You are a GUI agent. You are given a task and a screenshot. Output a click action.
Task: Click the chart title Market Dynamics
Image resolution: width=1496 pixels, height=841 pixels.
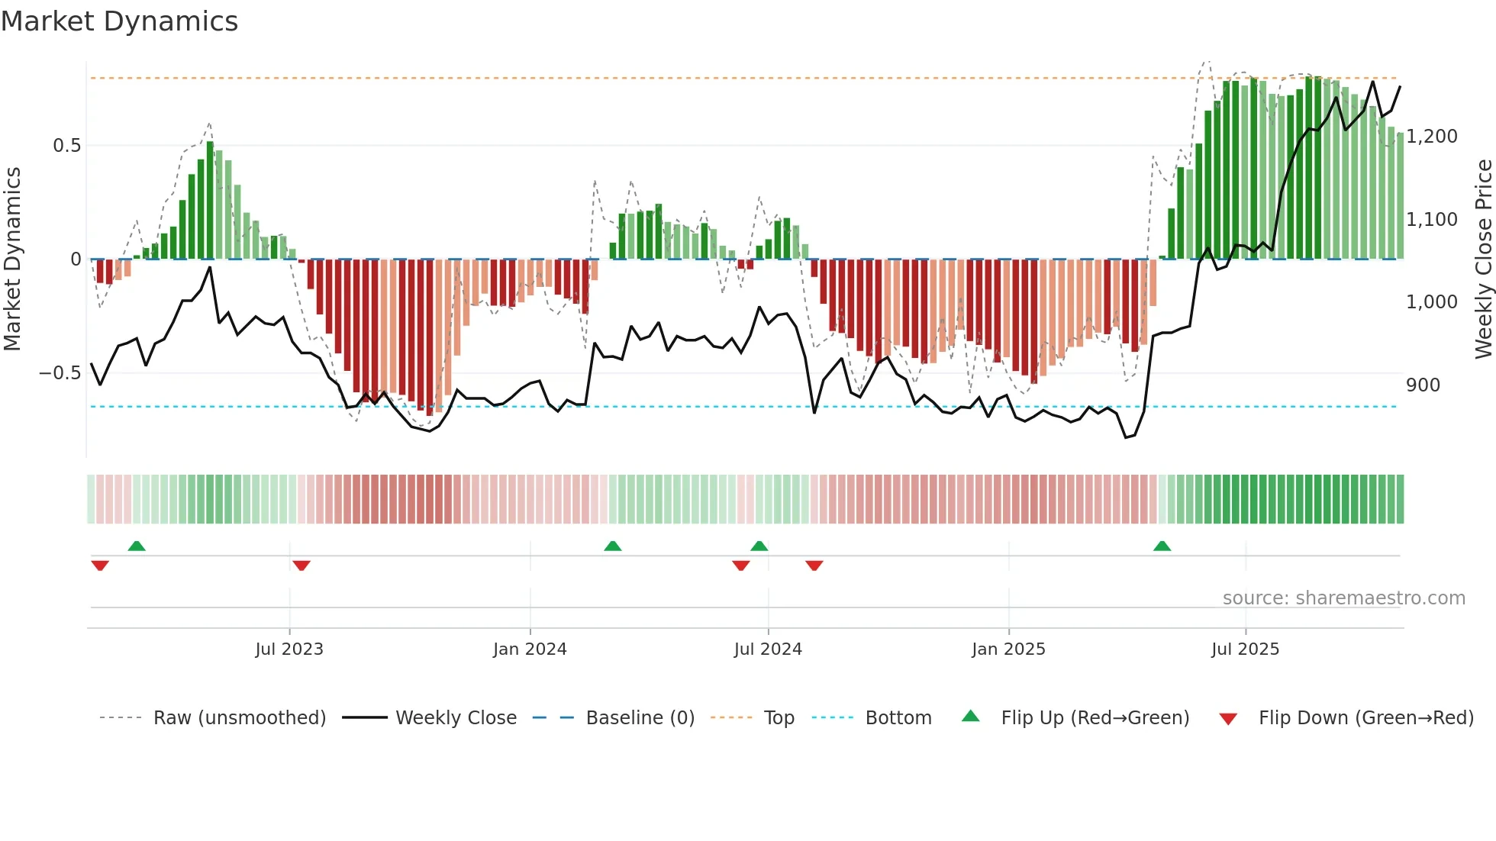pyautogui.click(x=119, y=21)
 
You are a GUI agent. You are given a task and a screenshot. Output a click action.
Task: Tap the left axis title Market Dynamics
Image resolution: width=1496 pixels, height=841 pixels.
pyautogui.click(x=12, y=259)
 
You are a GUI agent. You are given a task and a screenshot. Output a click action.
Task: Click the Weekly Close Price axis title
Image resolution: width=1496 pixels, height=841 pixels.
pyautogui.click(x=1483, y=259)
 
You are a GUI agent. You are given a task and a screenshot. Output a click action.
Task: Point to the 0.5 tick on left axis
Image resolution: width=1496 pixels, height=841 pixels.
pyautogui.click(x=66, y=146)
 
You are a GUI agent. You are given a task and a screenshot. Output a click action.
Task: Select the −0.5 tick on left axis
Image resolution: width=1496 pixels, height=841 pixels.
pyautogui.click(x=60, y=373)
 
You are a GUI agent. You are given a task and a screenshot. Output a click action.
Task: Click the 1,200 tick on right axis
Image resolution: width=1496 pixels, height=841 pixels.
pyautogui.click(x=1431, y=137)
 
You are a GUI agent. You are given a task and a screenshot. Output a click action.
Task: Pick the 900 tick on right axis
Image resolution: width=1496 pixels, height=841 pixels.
pyautogui.click(x=1423, y=385)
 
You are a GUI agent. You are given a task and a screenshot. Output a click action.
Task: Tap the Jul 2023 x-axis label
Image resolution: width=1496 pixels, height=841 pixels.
pyautogui.click(x=289, y=649)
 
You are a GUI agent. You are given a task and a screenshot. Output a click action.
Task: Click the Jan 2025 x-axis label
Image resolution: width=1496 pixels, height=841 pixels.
pyautogui.click(x=1008, y=649)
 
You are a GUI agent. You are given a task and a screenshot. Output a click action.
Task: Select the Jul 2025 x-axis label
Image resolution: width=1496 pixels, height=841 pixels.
pyautogui.click(x=1245, y=649)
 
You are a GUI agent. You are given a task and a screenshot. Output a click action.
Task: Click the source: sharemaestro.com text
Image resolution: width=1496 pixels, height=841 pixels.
pyautogui.click(x=1343, y=598)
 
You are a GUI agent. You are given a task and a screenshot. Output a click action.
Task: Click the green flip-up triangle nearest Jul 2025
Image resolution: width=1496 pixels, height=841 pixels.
pyautogui.click(x=1162, y=546)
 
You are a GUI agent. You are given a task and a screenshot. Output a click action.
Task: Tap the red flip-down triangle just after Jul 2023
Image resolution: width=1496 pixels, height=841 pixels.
pyautogui.click(x=301, y=565)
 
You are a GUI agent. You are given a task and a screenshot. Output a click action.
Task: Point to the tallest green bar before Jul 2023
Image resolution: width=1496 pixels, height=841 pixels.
pyautogui.click(x=210, y=200)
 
